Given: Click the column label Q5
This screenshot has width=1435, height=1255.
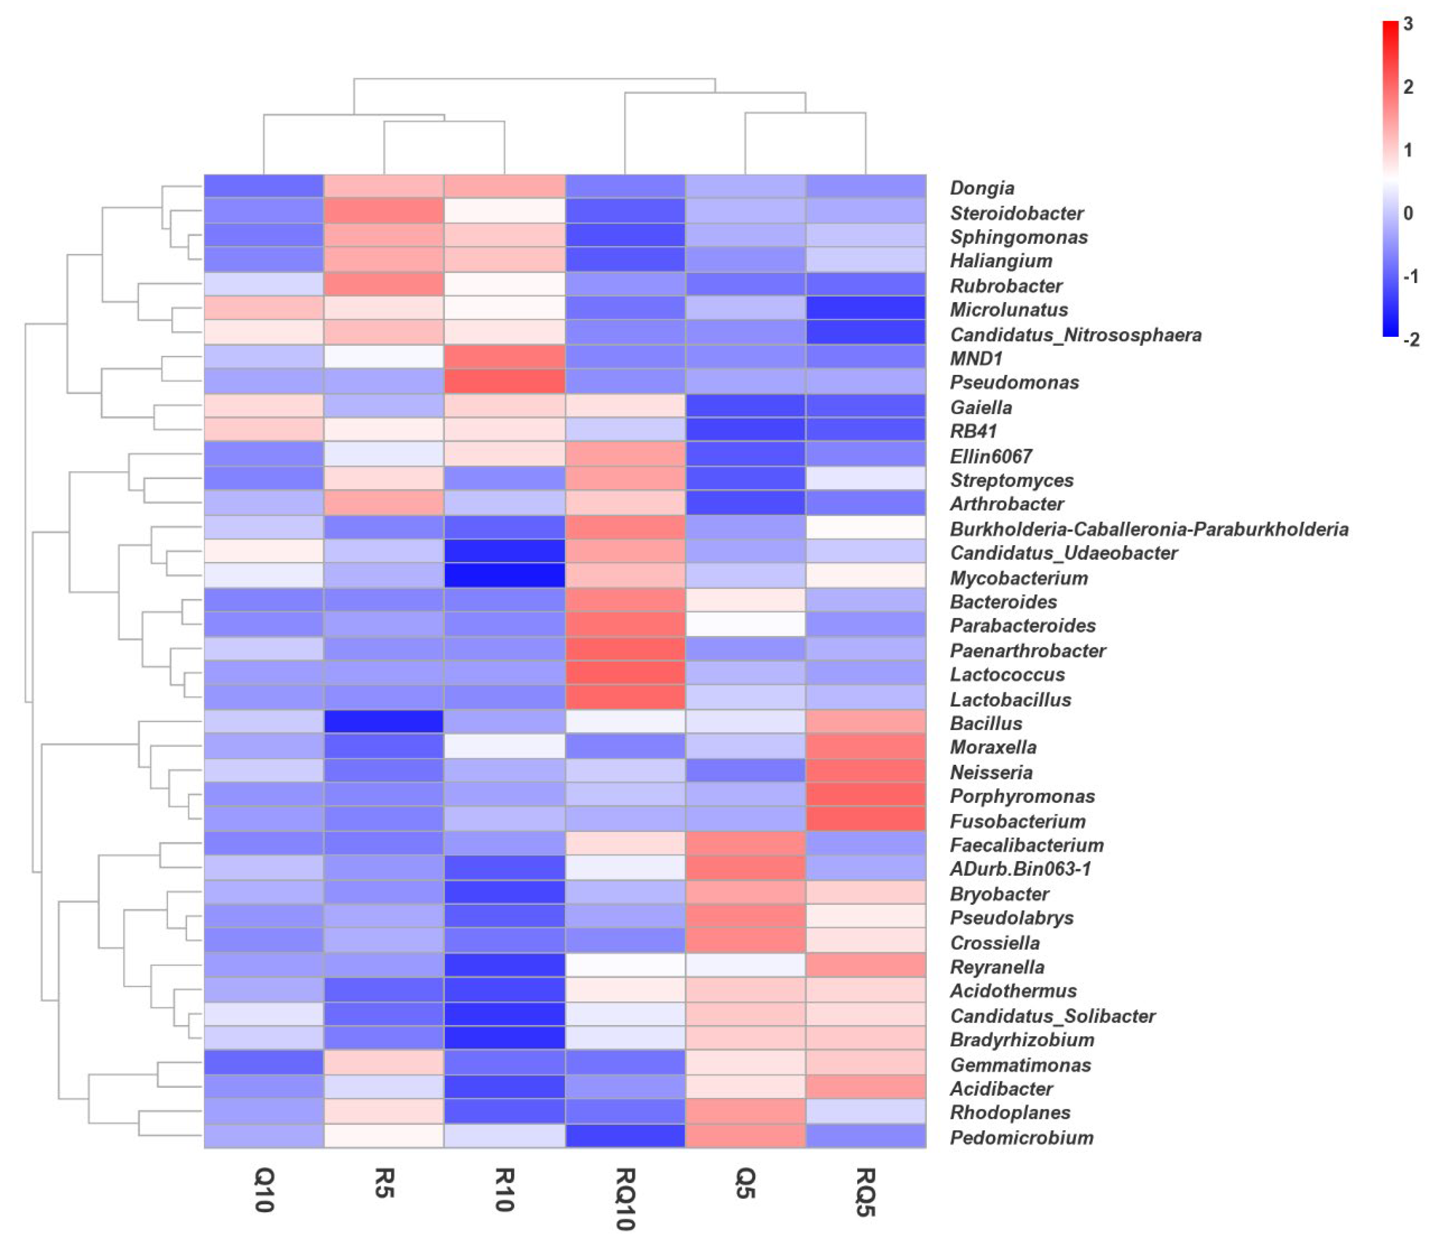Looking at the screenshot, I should pos(745,1184).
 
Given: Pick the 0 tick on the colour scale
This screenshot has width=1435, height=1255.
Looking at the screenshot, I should pos(1408,213).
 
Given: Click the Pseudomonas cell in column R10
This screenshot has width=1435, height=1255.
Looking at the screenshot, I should pos(504,382).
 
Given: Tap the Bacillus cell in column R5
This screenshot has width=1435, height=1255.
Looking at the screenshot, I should pos(384,722).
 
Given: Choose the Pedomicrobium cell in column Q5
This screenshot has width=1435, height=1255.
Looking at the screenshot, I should pos(745,1137).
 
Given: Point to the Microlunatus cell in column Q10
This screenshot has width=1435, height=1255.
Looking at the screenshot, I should pos(264,308).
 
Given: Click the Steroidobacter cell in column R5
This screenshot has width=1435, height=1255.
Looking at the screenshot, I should pos(384,211).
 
